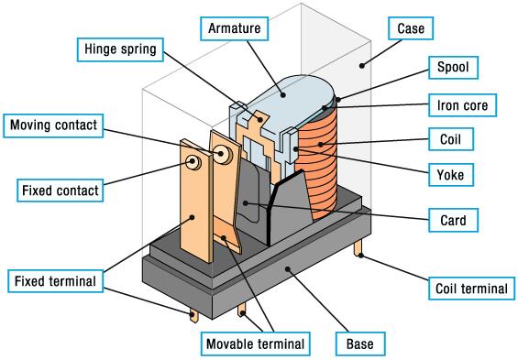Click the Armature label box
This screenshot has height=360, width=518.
[234, 28]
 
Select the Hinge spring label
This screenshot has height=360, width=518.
[120, 49]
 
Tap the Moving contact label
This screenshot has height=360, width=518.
[53, 125]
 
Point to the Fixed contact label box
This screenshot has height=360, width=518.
[61, 191]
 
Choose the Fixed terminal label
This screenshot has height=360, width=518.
[56, 281]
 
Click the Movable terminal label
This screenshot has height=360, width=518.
[256, 344]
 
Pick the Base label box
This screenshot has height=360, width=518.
[360, 344]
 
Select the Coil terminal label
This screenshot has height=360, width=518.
[471, 289]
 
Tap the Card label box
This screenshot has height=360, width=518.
[453, 220]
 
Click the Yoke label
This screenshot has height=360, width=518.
[450, 175]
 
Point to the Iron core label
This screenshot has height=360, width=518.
[462, 105]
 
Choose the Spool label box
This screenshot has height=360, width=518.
[453, 67]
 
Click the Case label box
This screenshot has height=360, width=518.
[411, 28]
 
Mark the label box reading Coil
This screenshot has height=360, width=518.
[450, 139]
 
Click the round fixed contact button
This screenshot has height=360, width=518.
[193, 162]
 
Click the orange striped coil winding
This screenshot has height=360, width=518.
[317, 165]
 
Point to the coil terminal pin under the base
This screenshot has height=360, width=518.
[358, 248]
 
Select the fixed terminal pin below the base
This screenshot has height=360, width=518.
[194, 315]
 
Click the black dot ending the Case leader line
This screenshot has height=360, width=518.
[362, 66]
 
